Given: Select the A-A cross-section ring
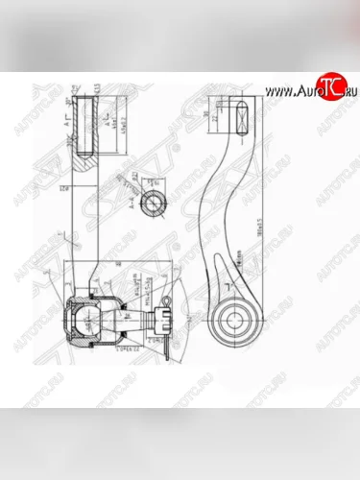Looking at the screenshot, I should (151, 204).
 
